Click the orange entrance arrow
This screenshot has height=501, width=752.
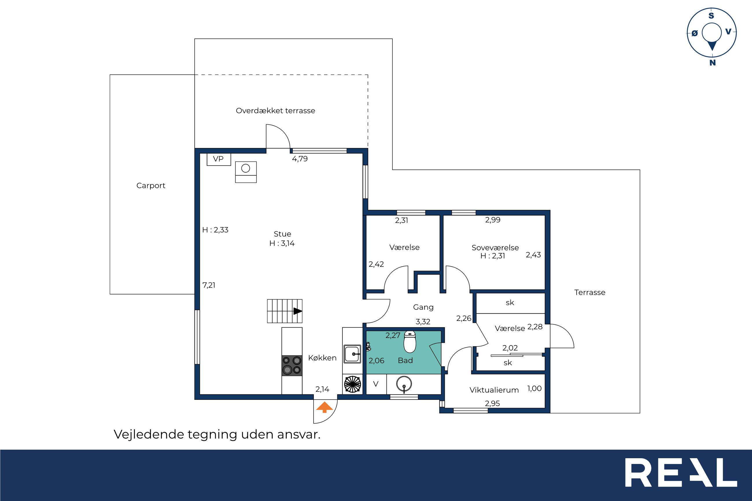[x=325, y=407]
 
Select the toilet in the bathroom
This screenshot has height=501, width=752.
[x=410, y=341]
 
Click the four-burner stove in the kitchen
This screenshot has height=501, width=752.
[x=292, y=365]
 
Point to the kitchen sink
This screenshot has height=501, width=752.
[x=352, y=354]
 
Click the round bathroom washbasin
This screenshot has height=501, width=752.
[x=404, y=384]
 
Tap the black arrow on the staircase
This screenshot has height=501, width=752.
[x=298, y=311]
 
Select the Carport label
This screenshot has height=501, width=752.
[x=151, y=186]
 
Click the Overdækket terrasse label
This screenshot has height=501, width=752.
[x=275, y=110]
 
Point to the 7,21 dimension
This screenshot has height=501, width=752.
[x=209, y=285]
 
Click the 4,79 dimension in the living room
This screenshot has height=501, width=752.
[x=300, y=159]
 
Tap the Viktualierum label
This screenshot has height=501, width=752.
[x=494, y=390]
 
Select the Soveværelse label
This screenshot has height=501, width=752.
[x=495, y=248]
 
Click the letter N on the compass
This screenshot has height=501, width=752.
[x=712, y=63]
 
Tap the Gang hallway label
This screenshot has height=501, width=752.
[x=423, y=307]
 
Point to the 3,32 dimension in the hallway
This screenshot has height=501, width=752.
[x=423, y=322]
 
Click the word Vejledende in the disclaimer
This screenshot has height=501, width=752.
[x=149, y=434]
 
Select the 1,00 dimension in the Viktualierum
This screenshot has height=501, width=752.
[x=534, y=389]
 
